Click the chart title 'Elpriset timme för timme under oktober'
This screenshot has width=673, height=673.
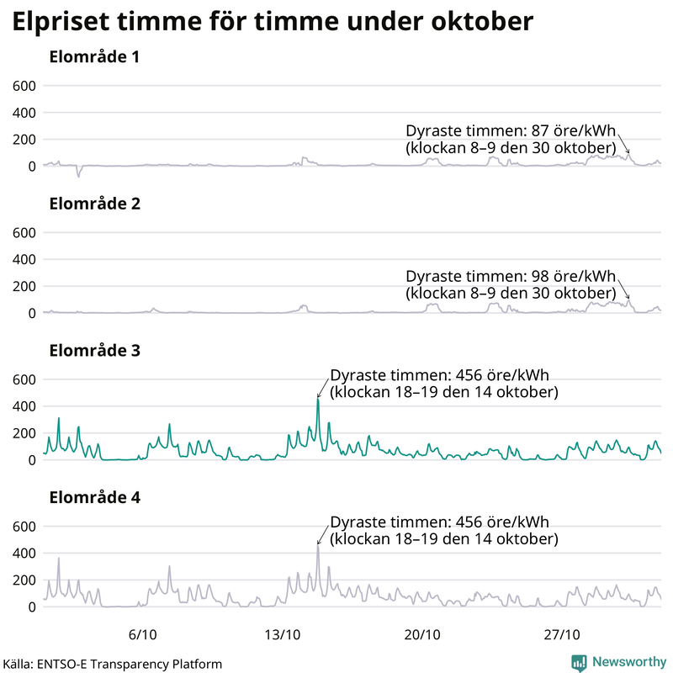(x=273, y=22)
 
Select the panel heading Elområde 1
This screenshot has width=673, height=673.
(x=94, y=58)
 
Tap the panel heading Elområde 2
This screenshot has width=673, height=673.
(x=94, y=204)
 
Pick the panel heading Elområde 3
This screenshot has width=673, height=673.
(x=94, y=351)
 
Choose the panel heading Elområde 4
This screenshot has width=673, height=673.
(x=94, y=497)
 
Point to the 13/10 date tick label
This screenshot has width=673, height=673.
(x=283, y=633)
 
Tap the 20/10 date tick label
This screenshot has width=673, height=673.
(x=422, y=633)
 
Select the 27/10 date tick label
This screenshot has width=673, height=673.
(x=562, y=633)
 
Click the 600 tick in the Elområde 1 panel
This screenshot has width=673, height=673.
(x=24, y=86)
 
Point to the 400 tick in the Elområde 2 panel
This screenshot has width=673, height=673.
(x=24, y=259)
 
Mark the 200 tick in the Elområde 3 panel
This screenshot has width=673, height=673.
(x=24, y=433)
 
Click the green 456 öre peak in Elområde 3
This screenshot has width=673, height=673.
(x=317, y=400)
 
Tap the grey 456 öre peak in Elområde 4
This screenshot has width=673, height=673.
(x=317, y=546)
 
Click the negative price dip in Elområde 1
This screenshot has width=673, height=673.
(x=78, y=175)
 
